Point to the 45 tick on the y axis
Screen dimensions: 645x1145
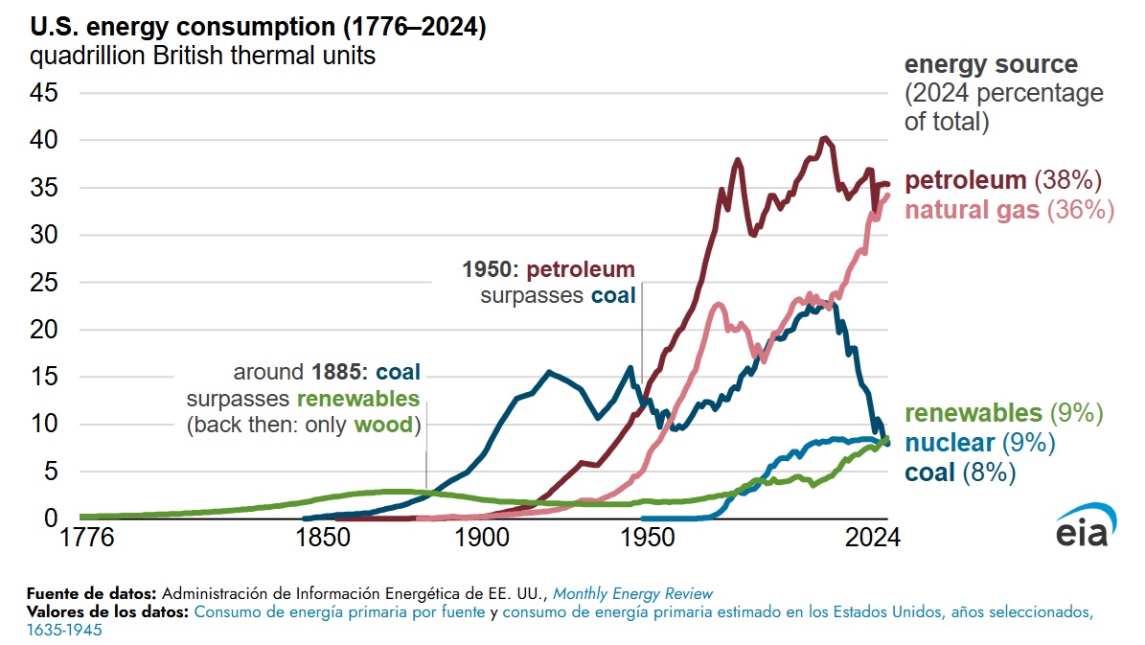click(44, 93)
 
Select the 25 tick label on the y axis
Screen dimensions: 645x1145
click(44, 283)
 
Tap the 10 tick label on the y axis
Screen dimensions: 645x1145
click(44, 424)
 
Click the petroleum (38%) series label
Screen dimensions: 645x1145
click(1004, 181)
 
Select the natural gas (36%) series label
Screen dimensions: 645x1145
click(1009, 210)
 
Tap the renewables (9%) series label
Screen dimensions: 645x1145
click(1003, 413)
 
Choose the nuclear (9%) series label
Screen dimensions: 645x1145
click(979, 443)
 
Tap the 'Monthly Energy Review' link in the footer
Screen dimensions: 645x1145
click(632, 593)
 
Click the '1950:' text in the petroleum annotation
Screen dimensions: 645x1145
click(490, 268)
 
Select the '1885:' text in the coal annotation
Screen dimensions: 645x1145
click(340, 372)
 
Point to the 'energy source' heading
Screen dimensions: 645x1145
click(991, 65)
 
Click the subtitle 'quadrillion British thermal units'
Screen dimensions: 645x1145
click(202, 56)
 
